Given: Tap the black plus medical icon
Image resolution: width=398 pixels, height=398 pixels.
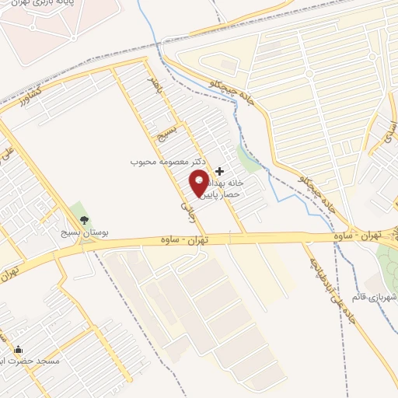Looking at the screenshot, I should [x=220, y=171].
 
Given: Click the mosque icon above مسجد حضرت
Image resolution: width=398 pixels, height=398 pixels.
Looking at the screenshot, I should [x=18, y=350].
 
